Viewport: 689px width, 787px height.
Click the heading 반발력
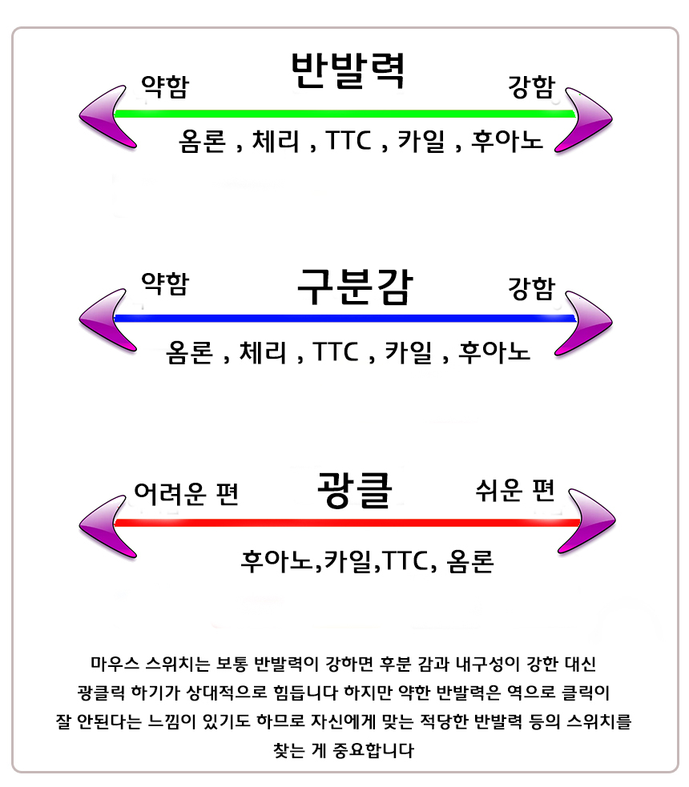pyautogui.click(x=347, y=70)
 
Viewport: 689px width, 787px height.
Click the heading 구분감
pyautogui.click(x=353, y=286)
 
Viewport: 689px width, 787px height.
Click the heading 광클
pyautogui.click(x=353, y=489)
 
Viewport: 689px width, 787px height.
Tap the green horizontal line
pyautogui.click(x=344, y=114)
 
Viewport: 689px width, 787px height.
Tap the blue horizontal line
pyautogui.click(x=344, y=319)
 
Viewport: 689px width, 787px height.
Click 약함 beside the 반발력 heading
pyautogui.click(x=165, y=85)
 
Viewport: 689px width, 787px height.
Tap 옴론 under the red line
pyautogui.click(x=470, y=560)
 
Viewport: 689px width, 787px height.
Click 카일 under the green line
pyautogui.click(x=422, y=142)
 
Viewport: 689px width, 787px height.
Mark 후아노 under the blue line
pyautogui.click(x=494, y=351)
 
